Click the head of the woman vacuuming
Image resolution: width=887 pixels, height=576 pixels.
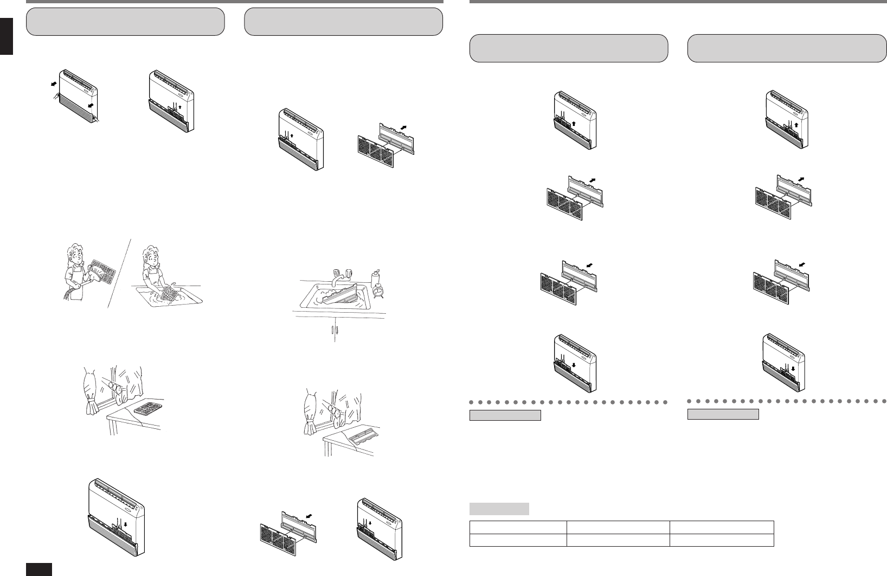[74, 254]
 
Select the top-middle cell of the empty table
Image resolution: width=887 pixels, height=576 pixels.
[618, 528]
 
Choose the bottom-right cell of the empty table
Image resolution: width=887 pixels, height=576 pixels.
[722, 540]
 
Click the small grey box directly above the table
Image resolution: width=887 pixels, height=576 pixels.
[499, 509]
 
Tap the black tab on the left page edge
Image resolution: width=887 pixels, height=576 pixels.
[6, 36]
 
